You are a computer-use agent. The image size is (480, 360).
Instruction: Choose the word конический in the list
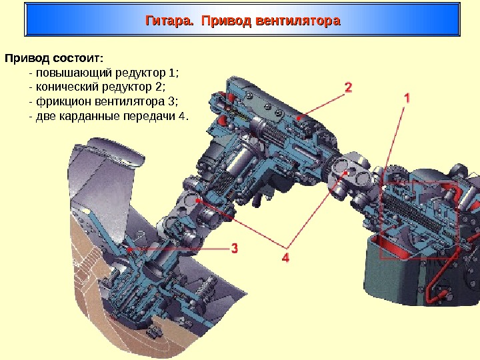(67, 87)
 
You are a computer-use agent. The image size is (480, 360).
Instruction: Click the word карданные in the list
(88, 117)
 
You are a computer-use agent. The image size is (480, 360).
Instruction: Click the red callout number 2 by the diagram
(348, 87)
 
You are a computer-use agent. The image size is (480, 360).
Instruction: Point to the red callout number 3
(235, 248)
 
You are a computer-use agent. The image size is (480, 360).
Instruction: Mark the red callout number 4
(286, 256)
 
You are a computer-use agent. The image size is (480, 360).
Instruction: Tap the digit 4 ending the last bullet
(182, 117)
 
